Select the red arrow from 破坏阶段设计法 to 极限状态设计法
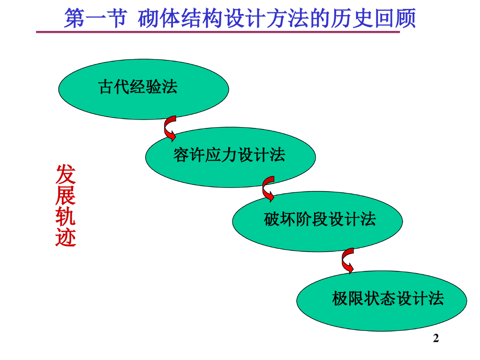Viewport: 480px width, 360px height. tap(348, 261)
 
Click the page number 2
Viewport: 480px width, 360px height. tap(436, 338)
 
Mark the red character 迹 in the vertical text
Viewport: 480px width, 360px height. tap(66, 237)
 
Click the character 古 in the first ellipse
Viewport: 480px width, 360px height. tap(106, 87)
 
